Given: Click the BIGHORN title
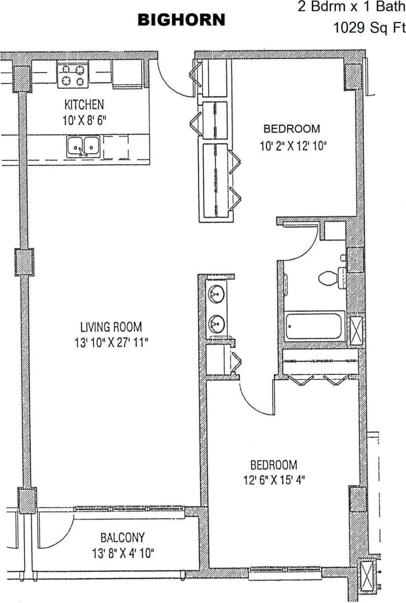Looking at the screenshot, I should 181,20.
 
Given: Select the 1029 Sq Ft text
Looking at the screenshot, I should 369,27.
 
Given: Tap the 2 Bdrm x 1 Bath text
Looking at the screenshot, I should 352,7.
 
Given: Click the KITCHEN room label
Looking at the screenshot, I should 84,105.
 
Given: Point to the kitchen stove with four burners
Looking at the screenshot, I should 72,75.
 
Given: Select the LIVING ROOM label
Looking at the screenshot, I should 111,327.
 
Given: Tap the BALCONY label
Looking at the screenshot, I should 122,538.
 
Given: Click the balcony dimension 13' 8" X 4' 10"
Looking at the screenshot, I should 123,553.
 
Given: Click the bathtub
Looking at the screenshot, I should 314,325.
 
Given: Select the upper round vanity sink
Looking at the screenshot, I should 216,295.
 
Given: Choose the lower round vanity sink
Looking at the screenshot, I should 216,323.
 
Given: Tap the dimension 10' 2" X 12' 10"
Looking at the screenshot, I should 293,145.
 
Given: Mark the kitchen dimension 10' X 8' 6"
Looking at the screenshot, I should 84,120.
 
